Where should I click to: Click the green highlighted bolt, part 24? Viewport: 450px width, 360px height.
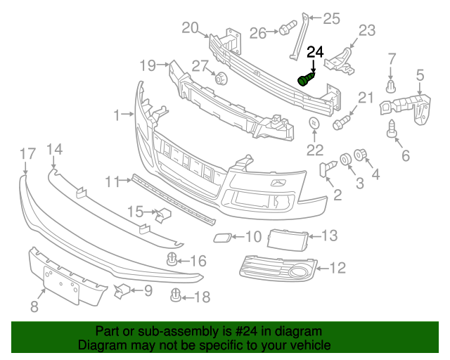pos(306,78)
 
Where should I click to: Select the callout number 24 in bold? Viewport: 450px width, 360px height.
pos(316,51)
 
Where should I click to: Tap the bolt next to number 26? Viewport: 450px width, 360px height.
pos(285,30)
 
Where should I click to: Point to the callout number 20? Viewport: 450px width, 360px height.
pos(191,28)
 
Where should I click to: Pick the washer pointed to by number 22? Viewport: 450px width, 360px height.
pos(313,124)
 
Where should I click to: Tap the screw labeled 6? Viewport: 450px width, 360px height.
pos(392,129)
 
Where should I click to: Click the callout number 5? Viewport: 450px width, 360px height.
pos(420,75)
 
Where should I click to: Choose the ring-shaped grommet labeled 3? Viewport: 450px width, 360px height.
pos(346,159)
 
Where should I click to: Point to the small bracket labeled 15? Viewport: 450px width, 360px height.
pos(165,215)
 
